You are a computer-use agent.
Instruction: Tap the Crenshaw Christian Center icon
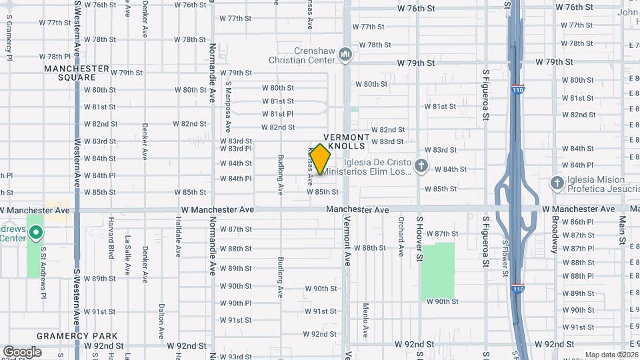click(345, 53)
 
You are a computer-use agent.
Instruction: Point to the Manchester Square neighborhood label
click(77, 73)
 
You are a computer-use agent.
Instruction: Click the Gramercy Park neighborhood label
click(77, 336)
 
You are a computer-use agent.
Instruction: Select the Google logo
click(22, 352)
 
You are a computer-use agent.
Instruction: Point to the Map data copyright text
click(611, 355)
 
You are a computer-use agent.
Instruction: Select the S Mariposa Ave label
click(228, 107)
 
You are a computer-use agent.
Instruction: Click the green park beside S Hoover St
click(437, 271)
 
